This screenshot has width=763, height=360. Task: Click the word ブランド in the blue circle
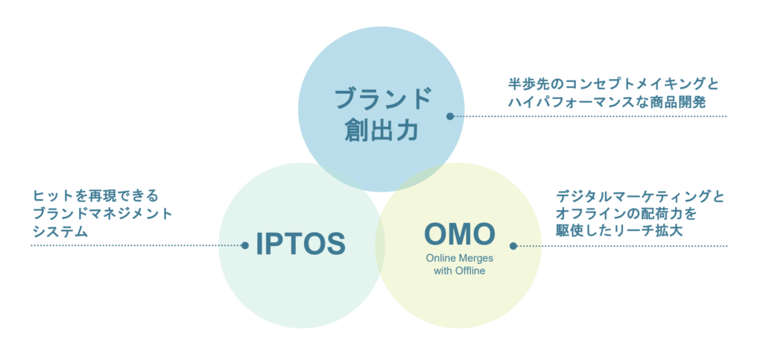pyautogui.click(x=383, y=99)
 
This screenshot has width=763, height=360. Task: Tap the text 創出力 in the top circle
pyautogui.click(x=381, y=130)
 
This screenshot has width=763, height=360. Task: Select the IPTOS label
pyautogui.click(x=301, y=244)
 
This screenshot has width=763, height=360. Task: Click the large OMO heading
pyautogui.click(x=459, y=233)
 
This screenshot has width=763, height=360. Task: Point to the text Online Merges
pyautogui.click(x=459, y=258)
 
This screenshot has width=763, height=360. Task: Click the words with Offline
pyautogui.click(x=459, y=271)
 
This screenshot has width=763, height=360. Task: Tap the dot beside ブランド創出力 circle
pyautogui.click(x=450, y=116)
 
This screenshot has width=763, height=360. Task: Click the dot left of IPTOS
pyautogui.click(x=244, y=246)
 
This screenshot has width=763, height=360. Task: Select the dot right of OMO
pyautogui.click(x=513, y=246)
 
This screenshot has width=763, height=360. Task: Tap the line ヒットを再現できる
pyautogui.click(x=95, y=196)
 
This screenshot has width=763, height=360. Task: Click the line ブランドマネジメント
pyautogui.click(x=102, y=214)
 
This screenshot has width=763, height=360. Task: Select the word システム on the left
pyautogui.click(x=60, y=232)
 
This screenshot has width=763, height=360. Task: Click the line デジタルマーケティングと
pyautogui.click(x=640, y=197)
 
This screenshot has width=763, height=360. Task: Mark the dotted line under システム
pyautogui.click(x=136, y=246)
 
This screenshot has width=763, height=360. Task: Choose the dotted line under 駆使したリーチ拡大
pyautogui.click(x=622, y=246)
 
